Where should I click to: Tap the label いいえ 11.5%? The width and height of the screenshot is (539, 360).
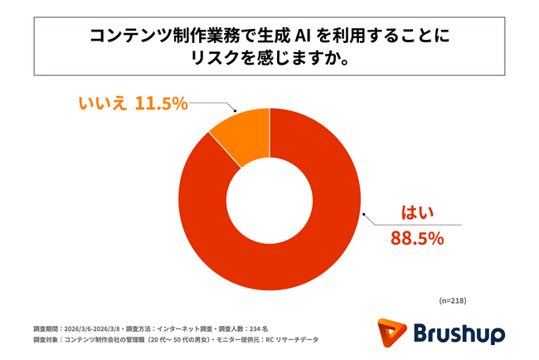click(x=133, y=104)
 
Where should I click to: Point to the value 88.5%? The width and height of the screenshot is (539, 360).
click(x=417, y=239)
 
